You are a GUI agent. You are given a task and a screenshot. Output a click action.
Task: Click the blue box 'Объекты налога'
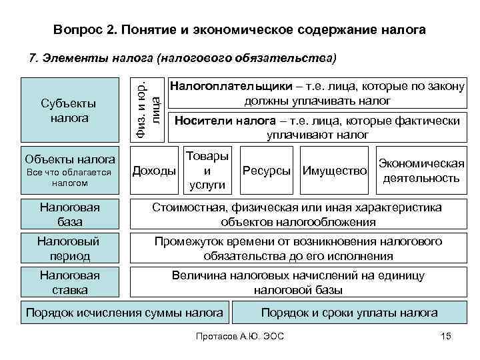point(69,159)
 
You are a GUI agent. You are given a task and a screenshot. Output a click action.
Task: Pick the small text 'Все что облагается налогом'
point(69,177)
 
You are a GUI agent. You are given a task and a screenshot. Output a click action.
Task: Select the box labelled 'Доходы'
point(155,171)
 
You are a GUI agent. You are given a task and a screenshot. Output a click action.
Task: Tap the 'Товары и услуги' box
point(206,170)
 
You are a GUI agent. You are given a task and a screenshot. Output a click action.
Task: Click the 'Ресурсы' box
point(267,171)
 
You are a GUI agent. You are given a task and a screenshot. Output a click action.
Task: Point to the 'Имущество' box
point(335,171)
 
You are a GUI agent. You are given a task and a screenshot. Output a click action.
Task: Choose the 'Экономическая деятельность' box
point(421,171)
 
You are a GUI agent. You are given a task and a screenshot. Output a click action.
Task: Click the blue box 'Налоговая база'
point(69,215)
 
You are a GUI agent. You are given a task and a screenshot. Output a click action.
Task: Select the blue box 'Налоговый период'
point(69,248)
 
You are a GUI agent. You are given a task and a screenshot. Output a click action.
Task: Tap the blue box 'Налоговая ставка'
point(69,282)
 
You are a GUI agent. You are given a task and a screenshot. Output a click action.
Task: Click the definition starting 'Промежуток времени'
point(298,248)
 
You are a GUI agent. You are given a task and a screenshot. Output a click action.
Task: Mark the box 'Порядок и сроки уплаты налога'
point(349,313)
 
